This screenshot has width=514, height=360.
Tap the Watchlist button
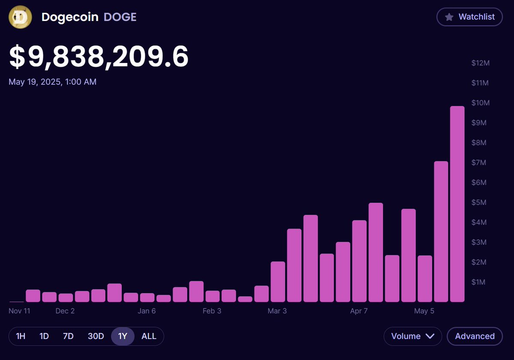[469, 17]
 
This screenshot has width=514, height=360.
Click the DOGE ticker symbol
[120, 17]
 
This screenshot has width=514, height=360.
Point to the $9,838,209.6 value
[99, 57]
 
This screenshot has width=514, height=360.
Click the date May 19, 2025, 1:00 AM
[52, 82]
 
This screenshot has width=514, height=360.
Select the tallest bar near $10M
[457, 204]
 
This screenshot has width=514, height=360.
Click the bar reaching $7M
[441, 231]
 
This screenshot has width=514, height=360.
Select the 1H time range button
[21, 336]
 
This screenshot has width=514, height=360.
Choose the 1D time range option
[44, 336]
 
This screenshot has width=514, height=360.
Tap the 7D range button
[68, 336]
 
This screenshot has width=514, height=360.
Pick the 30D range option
[96, 336]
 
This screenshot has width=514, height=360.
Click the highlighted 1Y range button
[123, 336]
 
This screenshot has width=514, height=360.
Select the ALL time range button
[149, 336]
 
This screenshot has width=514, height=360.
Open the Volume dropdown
[412, 336]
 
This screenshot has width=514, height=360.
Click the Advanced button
[475, 336]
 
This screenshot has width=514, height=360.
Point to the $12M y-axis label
[480, 63]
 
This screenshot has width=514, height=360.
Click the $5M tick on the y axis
[479, 202]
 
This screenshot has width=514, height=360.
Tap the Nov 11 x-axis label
[19, 311]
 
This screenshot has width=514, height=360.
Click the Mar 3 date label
[277, 311]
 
